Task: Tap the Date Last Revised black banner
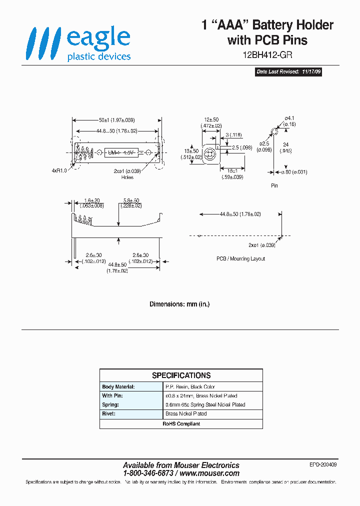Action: (288, 72)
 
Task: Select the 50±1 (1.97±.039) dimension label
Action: (116, 120)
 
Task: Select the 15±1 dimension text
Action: (232, 171)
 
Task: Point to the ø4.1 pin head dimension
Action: (290, 118)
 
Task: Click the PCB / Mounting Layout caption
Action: (240, 258)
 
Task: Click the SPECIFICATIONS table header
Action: (181, 375)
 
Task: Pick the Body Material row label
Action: (118, 387)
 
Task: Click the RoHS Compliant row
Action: (181, 423)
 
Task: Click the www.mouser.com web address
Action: (209, 473)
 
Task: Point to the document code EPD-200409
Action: (323, 465)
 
